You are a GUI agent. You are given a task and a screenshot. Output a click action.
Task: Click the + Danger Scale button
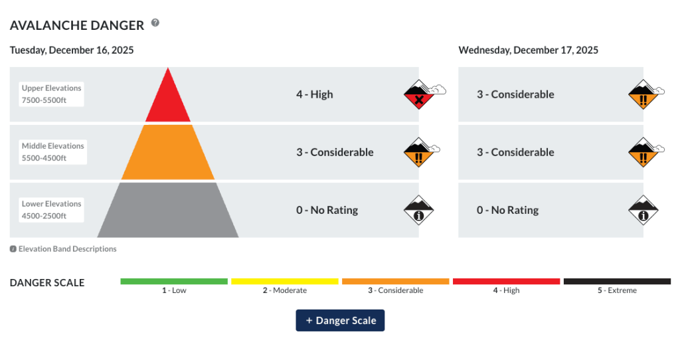pyautogui.click(x=340, y=320)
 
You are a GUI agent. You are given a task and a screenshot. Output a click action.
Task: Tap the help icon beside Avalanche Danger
pyautogui.click(x=155, y=23)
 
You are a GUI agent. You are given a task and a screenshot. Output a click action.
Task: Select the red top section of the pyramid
pyautogui.click(x=168, y=100)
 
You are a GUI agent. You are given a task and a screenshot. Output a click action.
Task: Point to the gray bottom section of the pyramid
pyautogui.click(x=168, y=211)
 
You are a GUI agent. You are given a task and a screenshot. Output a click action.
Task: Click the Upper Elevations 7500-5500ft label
pyautogui.click(x=52, y=94)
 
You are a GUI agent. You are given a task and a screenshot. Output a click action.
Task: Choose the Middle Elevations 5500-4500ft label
pyautogui.click(x=53, y=152)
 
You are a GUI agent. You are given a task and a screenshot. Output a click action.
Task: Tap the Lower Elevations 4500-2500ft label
pyautogui.click(x=52, y=210)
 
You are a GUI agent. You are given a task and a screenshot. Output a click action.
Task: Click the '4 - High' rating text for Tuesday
pyautogui.click(x=315, y=94)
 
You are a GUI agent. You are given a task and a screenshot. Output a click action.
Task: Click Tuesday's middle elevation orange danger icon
pyautogui.click(x=419, y=154)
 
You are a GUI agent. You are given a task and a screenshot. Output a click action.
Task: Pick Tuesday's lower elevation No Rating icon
pyautogui.click(x=419, y=212)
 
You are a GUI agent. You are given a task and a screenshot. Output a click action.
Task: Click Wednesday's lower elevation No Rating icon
pyautogui.click(x=643, y=212)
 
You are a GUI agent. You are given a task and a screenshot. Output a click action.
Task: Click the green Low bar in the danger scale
pyautogui.click(x=174, y=282)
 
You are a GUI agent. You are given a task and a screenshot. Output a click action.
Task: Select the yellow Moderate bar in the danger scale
pyautogui.click(x=285, y=282)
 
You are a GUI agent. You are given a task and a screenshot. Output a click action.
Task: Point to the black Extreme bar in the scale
pyautogui.click(x=617, y=282)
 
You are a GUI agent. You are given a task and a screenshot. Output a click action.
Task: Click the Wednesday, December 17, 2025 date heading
pyautogui.click(x=528, y=50)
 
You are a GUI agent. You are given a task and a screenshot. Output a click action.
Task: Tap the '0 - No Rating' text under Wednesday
pyautogui.click(x=507, y=210)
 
